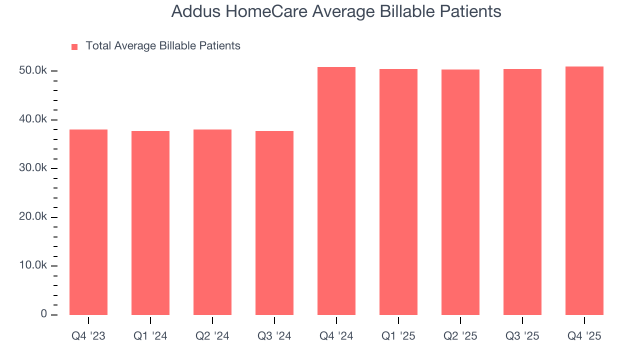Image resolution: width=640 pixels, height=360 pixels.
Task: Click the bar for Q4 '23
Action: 88,222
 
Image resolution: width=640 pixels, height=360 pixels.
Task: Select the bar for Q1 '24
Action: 150,223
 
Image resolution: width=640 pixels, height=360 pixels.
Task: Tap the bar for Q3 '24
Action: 274,223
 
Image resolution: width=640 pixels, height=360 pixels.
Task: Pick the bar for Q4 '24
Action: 336,191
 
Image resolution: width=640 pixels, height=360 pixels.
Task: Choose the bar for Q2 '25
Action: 460,192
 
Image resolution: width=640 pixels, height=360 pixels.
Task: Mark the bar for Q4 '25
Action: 584,190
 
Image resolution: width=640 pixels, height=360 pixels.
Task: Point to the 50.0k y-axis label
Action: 33,71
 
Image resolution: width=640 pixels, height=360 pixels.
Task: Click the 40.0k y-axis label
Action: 33,119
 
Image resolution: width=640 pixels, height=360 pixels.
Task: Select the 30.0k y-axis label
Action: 33,168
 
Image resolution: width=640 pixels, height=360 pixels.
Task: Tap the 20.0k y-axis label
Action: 33,217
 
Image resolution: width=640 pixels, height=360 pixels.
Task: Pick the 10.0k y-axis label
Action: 33,265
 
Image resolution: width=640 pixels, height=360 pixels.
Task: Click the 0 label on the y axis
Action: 43,314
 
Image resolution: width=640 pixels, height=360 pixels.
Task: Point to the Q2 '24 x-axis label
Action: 212,336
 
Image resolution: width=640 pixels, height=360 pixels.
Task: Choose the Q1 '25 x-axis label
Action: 398,336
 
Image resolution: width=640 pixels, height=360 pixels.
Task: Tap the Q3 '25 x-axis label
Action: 522,336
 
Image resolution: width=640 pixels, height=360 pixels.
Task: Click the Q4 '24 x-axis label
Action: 336,336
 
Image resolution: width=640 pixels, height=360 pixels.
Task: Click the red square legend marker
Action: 74,46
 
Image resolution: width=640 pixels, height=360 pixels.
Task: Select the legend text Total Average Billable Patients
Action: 163,46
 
